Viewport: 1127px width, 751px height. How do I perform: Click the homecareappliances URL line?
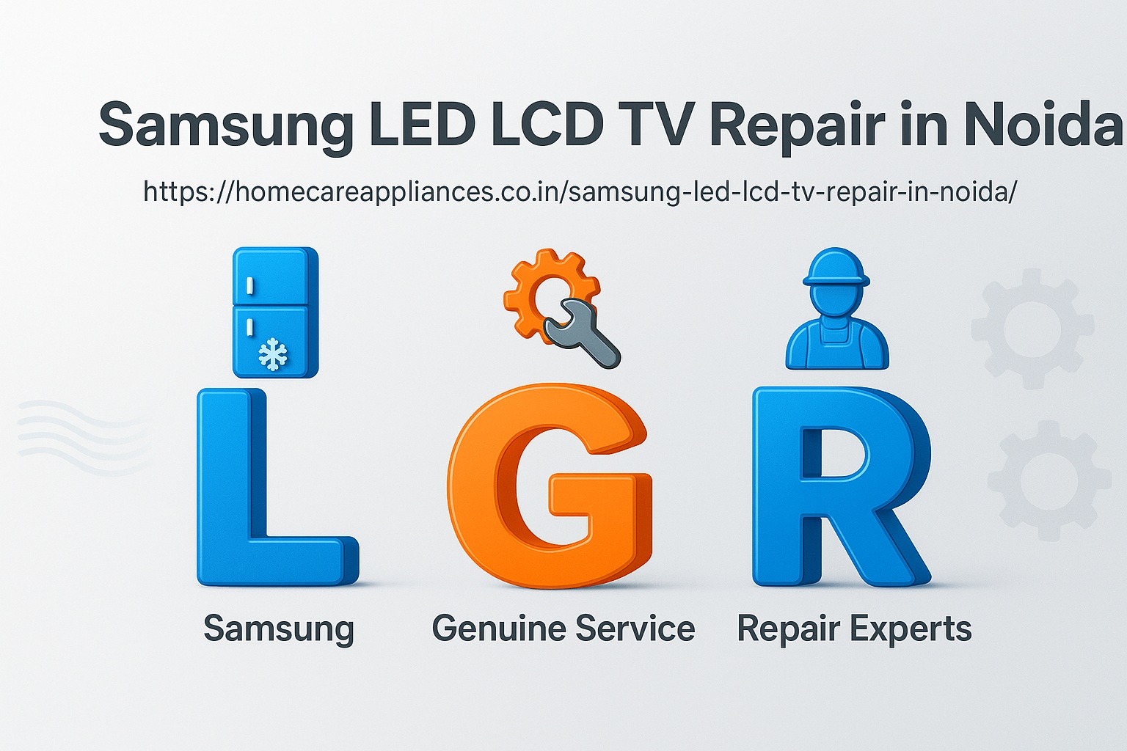(x=580, y=192)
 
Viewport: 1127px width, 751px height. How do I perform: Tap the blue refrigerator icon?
(x=275, y=312)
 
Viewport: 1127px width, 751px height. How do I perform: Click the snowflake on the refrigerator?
(x=273, y=354)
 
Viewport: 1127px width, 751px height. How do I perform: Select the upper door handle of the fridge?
(x=249, y=286)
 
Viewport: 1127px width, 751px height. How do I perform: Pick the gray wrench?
(x=582, y=334)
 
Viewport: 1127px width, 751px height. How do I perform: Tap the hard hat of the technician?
(x=836, y=268)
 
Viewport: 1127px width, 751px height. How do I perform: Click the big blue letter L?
(x=277, y=488)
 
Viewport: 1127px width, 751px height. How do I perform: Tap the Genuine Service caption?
(x=563, y=629)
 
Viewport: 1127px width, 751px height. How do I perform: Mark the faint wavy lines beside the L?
(x=83, y=436)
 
